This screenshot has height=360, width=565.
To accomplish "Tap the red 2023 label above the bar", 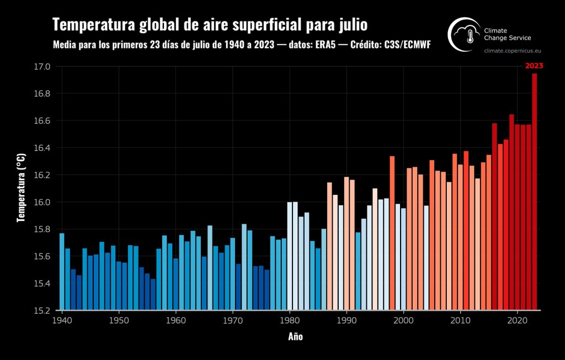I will [x=534, y=66].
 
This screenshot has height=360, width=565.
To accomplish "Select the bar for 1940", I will [x=62, y=271].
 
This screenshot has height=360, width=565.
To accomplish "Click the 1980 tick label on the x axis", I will [x=290, y=320].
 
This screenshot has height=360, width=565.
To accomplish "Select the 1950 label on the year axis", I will [x=119, y=320].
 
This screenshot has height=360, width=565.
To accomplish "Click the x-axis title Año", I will [x=295, y=336].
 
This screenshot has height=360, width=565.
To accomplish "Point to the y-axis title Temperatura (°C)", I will [x=21, y=188].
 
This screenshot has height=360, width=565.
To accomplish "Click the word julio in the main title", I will [x=351, y=25].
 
